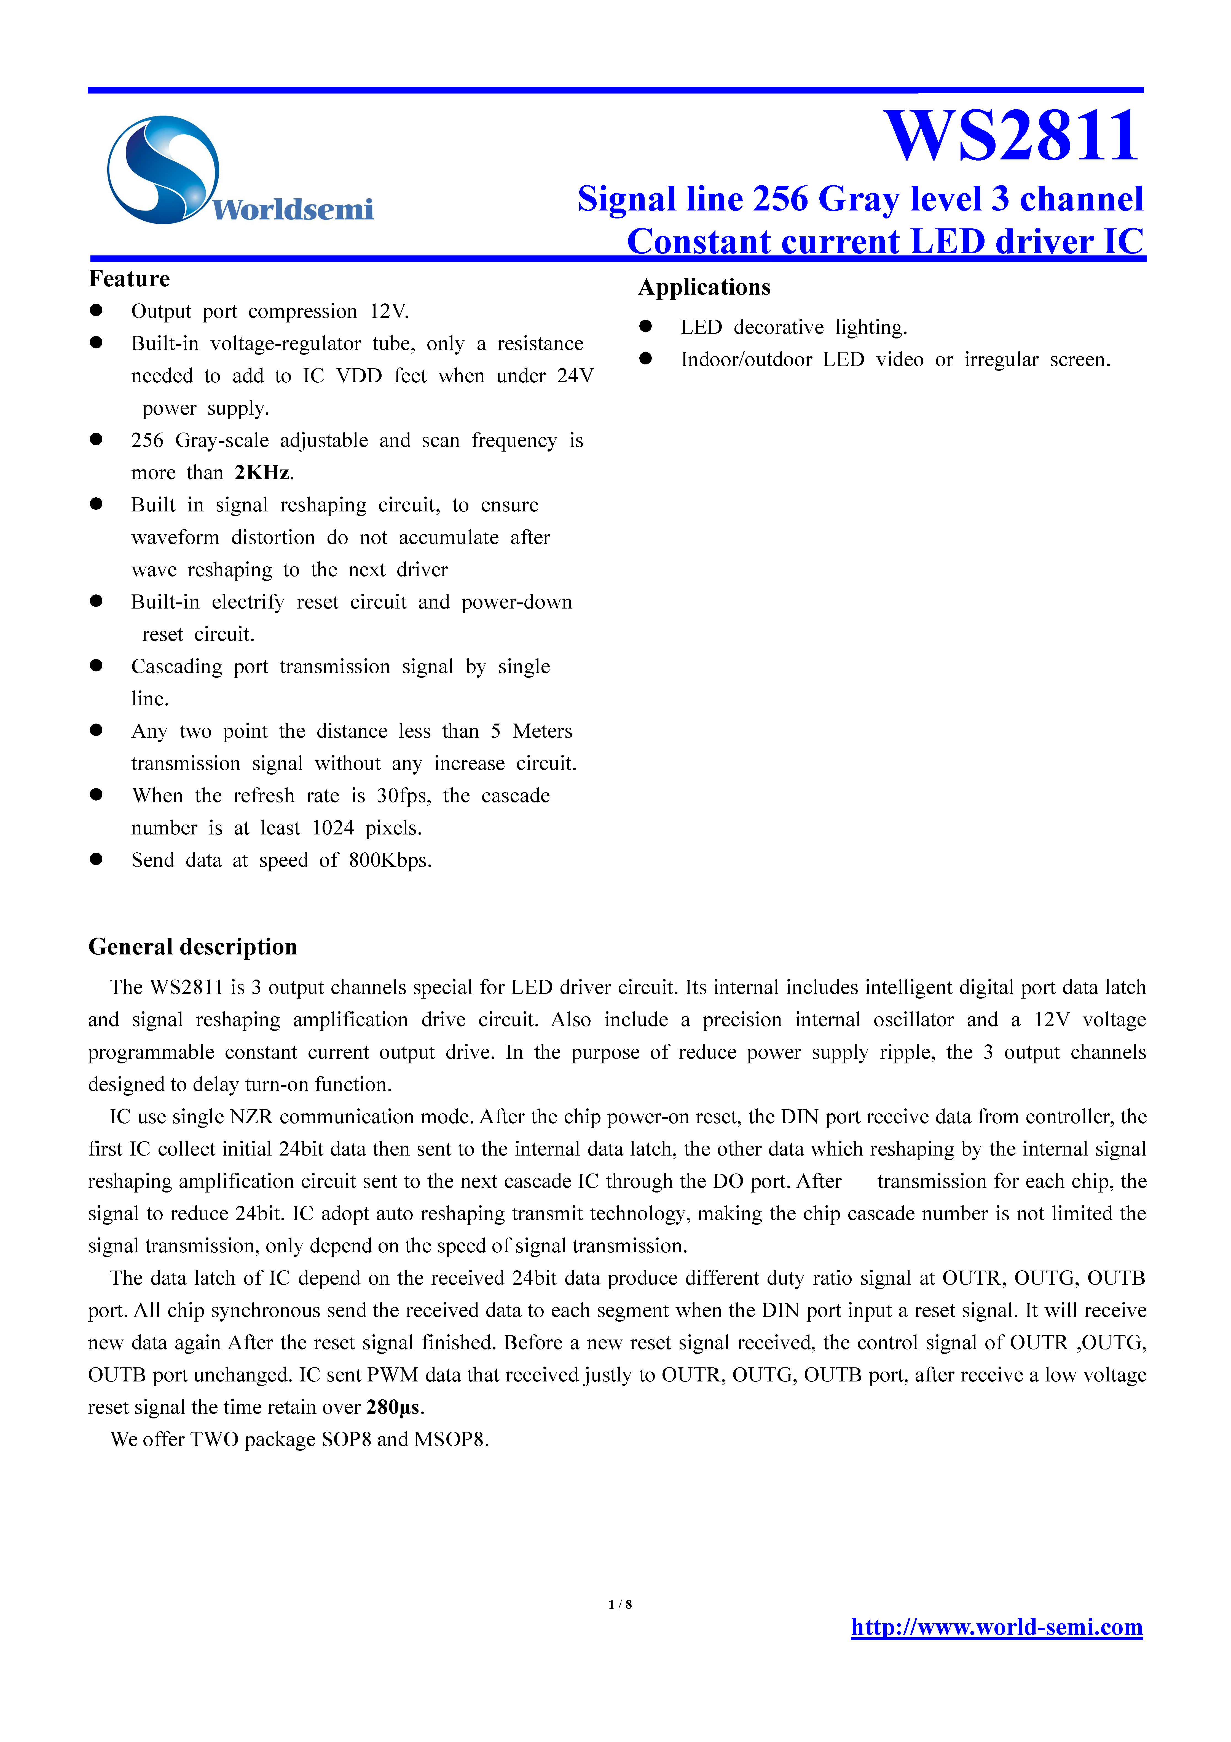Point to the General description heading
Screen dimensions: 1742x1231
point(193,947)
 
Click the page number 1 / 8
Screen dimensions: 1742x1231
point(620,1604)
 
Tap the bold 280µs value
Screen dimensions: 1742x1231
point(393,1407)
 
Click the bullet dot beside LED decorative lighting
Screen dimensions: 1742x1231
point(645,326)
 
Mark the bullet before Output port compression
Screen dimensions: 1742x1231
point(96,310)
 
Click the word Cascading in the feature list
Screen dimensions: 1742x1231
point(177,667)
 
